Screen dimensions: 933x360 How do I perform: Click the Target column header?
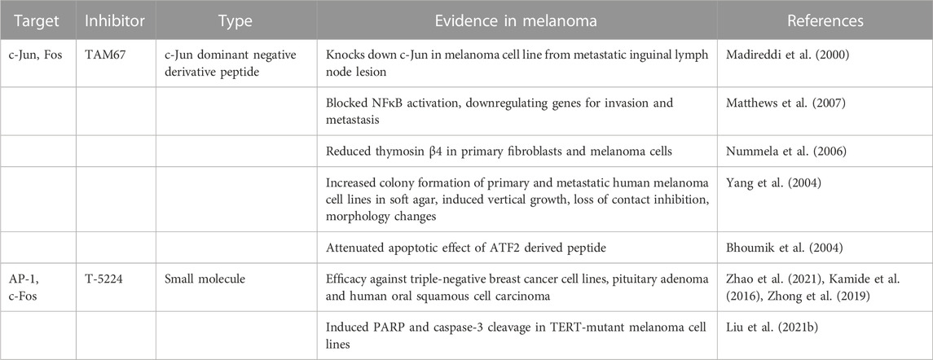pyautogui.click(x=38, y=22)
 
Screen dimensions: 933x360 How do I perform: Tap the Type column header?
pyautogui.click(x=235, y=22)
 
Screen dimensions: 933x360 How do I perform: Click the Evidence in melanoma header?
pyautogui.click(x=517, y=22)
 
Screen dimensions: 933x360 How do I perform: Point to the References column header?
pyautogui.click(x=825, y=22)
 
